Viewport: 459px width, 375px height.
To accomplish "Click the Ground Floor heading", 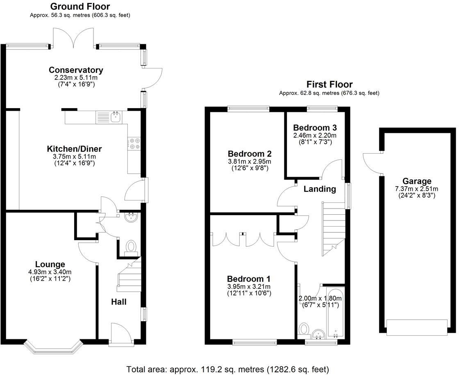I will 80,7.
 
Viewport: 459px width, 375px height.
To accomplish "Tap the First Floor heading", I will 329,84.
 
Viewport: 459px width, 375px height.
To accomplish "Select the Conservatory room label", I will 76,70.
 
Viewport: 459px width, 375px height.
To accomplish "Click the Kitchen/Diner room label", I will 74,149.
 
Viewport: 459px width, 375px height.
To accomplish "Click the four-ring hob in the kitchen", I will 134,144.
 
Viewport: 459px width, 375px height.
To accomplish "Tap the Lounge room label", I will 50,264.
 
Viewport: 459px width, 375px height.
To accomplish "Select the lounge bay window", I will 53,346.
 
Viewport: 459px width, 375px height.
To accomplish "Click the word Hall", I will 119,302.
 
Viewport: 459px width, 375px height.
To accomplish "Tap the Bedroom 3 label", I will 314,127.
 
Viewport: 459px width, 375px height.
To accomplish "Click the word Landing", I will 320,189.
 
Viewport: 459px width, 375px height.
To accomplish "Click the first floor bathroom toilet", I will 304,329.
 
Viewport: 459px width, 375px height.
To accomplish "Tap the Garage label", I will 417,181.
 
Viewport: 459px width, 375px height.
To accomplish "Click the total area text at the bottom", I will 227,369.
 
